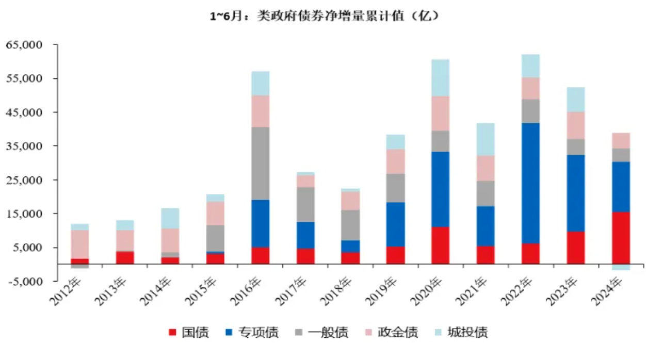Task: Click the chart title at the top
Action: [x=324, y=16]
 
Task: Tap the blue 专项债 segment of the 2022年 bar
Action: [x=530, y=183]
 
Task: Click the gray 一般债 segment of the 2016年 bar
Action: [x=260, y=163]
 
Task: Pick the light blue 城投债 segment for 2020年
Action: [x=440, y=77]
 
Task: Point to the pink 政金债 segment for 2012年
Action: [x=79, y=244]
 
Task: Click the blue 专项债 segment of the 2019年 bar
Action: [x=395, y=224]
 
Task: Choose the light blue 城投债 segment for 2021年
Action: [x=485, y=139]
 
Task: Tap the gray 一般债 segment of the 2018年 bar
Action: [x=350, y=225]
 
